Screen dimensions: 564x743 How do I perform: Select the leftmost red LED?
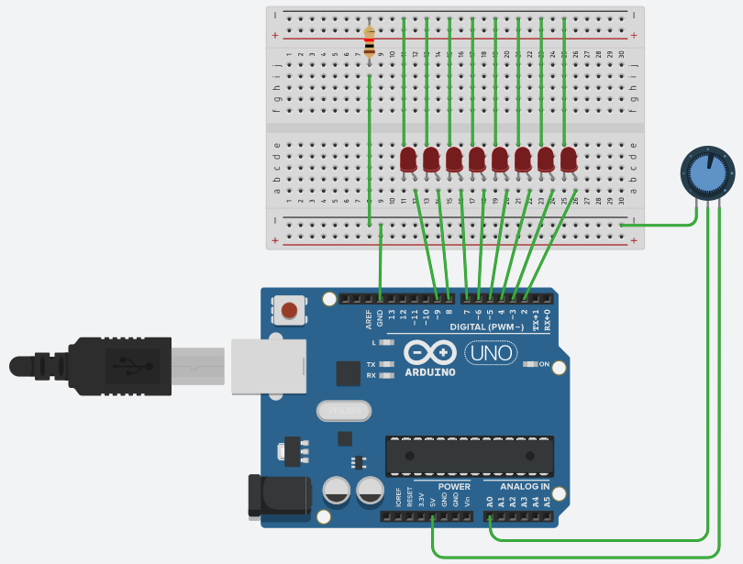[409, 160]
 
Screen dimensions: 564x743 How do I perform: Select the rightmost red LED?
[569, 160]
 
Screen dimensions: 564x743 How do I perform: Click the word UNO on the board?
[491, 352]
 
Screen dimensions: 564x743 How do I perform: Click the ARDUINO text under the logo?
[429, 371]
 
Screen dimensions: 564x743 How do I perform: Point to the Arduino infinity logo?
[429, 352]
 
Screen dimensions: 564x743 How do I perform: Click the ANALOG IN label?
[524, 486]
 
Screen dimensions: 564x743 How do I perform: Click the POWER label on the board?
[454, 486]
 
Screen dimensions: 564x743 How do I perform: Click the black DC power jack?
[279, 496]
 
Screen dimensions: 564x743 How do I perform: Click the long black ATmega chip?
[469, 456]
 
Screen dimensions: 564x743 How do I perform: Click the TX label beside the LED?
[371, 364]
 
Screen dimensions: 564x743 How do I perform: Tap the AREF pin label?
[370, 318]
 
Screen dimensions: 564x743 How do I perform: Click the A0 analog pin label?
[491, 502]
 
